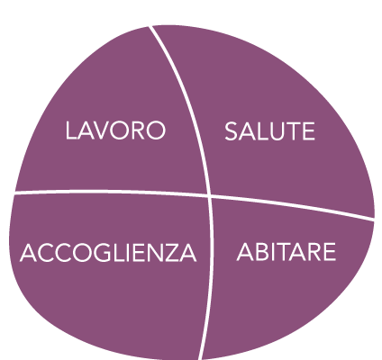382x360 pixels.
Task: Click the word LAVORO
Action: tap(115, 130)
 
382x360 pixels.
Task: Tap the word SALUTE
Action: tap(269, 131)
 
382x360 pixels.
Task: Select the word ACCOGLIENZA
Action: tap(108, 252)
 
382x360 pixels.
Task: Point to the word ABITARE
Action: tap(286, 252)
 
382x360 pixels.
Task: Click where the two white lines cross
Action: tap(209, 196)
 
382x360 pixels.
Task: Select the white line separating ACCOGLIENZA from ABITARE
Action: tap(211, 277)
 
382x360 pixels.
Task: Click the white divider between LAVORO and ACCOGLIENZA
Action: tap(111, 192)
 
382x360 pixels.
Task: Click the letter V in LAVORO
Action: tap(98, 130)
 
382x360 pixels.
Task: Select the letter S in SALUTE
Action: tap(231, 131)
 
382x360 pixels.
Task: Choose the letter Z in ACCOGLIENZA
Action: tap(171, 252)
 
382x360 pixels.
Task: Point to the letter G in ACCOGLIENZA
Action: tap(102, 252)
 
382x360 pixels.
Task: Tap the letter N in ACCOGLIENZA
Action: tap(153, 252)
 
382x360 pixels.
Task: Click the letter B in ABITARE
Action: tap(262, 252)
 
